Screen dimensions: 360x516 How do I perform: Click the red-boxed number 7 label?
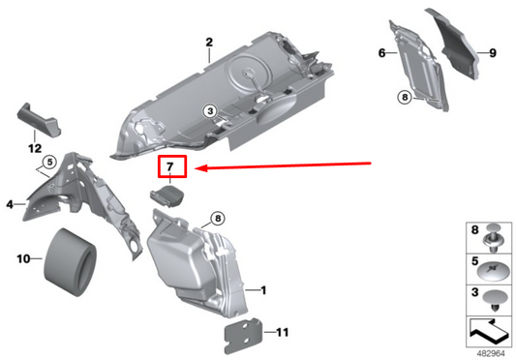click(169, 168)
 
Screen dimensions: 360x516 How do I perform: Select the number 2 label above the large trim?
click(208, 42)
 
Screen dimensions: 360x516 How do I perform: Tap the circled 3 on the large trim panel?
click(208, 112)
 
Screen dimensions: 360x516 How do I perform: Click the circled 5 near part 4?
click(48, 161)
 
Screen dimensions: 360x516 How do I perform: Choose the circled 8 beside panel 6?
click(404, 97)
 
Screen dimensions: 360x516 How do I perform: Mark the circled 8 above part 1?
click(216, 219)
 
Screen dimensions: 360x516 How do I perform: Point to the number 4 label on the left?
click(10, 204)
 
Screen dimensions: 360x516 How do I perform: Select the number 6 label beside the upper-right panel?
click(380, 51)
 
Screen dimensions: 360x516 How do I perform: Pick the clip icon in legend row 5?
click(494, 267)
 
